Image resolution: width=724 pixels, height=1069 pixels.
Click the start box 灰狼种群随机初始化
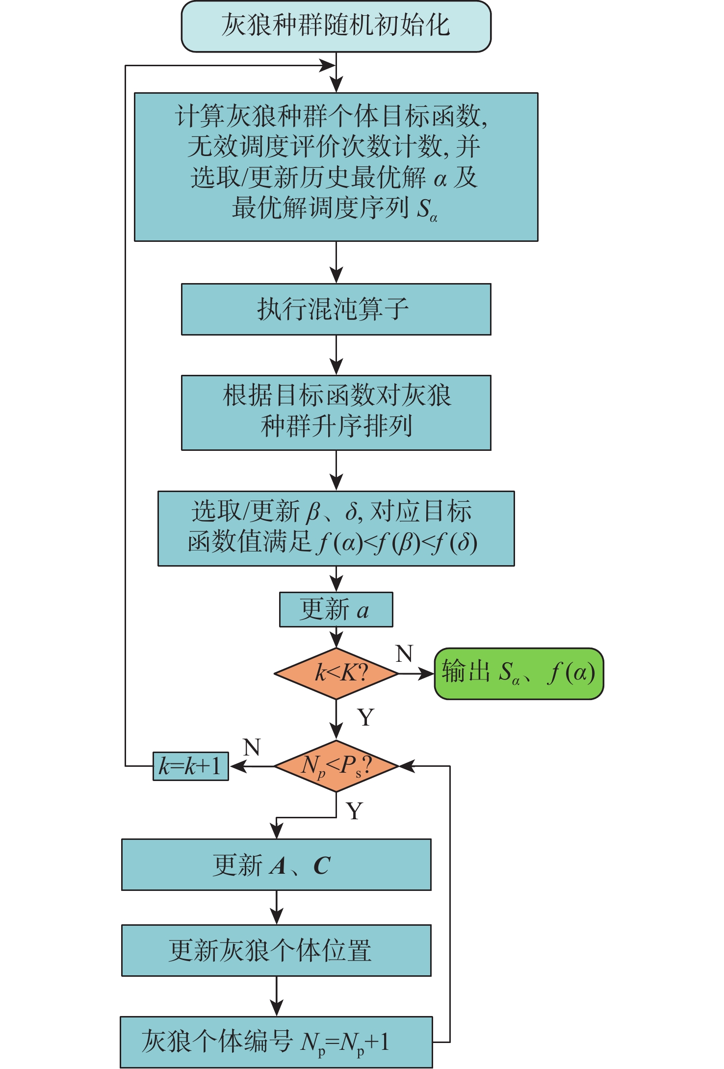tap(336, 26)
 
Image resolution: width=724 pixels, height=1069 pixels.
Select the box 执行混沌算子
tap(336, 309)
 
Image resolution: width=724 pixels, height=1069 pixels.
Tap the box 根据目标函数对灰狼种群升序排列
tap(336, 413)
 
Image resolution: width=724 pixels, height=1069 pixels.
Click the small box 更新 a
tap(336, 609)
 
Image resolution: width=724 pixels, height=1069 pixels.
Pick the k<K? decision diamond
tap(336, 673)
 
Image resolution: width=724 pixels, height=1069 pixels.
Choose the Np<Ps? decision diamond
tap(336, 766)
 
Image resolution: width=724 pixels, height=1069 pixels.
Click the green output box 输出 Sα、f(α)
tap(519, 673)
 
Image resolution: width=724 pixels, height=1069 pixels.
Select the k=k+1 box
tap(190, 766)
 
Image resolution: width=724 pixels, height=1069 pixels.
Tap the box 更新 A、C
tap(276, 864)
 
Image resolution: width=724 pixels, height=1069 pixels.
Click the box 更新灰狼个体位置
tap(276, 950)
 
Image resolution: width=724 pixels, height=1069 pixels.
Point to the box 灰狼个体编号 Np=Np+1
tap(276, 1042)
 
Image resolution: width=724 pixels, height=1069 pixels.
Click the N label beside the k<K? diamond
tap(404, 653)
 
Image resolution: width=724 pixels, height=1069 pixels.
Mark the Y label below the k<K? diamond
tap(366, 717)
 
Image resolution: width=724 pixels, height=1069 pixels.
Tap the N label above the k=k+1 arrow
tap(252, 747)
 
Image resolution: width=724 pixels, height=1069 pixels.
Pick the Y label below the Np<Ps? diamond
tap(354, 811)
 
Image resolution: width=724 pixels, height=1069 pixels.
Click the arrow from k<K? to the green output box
tap(416, 674)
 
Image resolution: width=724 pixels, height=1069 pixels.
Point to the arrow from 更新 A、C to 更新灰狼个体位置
tap(277, 907)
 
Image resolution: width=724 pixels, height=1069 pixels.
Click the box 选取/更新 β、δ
tap(336, 528)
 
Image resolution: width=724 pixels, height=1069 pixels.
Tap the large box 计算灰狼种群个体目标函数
tap(336, 167)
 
